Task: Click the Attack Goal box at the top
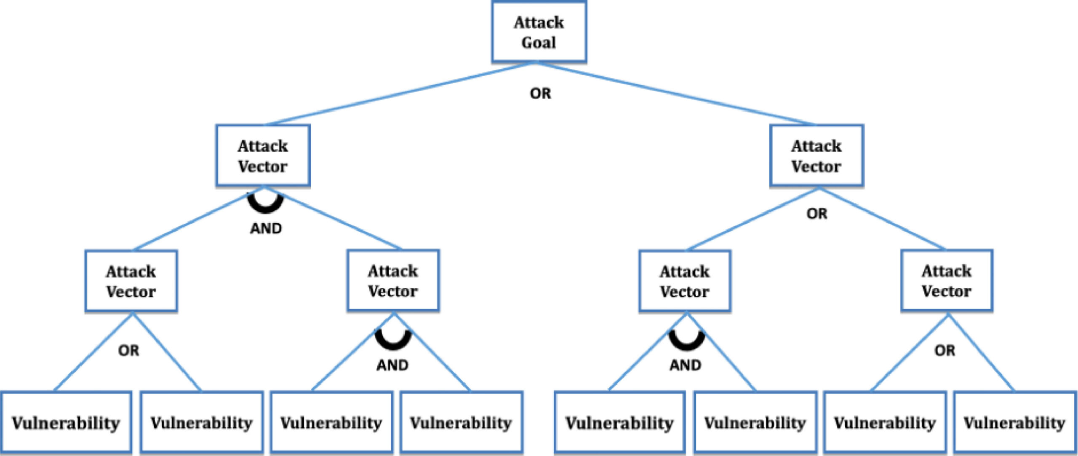(x=539, y=32)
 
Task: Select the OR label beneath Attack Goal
(x=540, y=93)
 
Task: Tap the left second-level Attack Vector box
(x=263, y=156)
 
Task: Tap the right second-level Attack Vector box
(x=816, y=156)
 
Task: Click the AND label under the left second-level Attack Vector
(x=266, y=228)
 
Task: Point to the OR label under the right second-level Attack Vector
(x=817, y=214)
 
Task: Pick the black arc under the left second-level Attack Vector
(x=265, y=205)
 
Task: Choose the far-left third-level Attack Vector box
(x=131, y=281)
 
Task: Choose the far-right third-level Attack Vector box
(x=947, y=281)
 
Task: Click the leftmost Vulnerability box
(x=66, y=422)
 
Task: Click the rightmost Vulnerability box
(x=1014, y=422)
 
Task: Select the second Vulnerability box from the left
(x=202, y=422)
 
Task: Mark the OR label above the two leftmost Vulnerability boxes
(x=128, y=350)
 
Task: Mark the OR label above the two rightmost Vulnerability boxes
(x=945, y=350)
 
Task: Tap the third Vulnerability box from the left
(x=331, y=422)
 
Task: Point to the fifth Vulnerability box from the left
(x=619, y=422)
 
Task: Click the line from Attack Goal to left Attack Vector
(x=400, y=94)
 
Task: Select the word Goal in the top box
(x=539, y=43)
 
